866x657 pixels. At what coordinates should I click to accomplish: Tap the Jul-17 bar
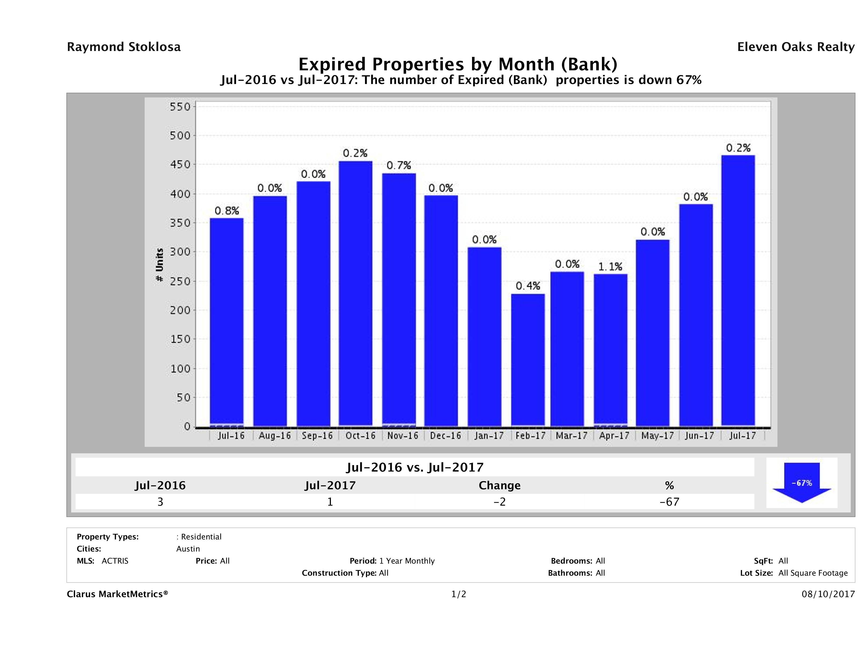(x=738, y=290)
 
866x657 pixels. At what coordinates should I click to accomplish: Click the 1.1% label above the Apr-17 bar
(x=610, y=267)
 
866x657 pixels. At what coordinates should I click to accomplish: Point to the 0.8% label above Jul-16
(x=227, y=211)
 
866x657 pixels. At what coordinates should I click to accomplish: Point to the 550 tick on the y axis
(x=180, y=107)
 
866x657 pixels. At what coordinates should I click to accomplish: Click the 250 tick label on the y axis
(x=180, y=281)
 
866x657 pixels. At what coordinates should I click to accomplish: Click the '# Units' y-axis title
(x=159, y=265)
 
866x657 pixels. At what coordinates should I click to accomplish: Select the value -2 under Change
(x=500, y=502)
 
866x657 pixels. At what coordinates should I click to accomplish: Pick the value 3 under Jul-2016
(x=160, y=502)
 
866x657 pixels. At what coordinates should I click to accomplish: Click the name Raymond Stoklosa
(x=124, y=47)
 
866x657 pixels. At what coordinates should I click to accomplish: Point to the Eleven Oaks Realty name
(x=795, y=47)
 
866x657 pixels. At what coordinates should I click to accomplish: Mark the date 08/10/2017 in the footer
(x=828, y=594)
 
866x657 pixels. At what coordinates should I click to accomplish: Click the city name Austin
(x=188, y=549)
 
